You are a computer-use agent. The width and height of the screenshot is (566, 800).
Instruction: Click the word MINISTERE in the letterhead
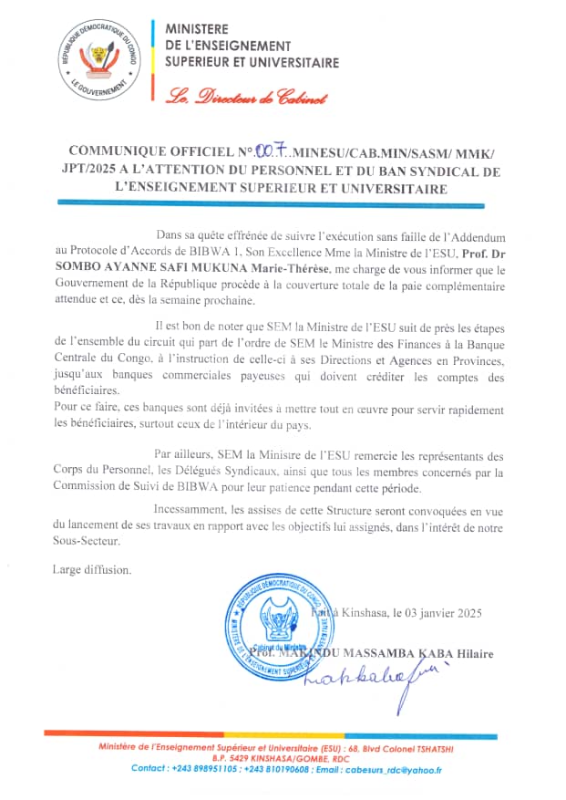[198, 29]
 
